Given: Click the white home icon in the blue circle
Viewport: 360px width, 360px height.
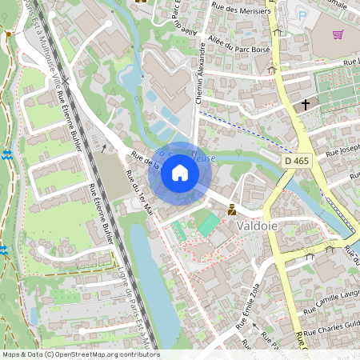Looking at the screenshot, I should pyautogui.click(x=179, y=173).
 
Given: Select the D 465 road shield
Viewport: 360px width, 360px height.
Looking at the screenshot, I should pyautogui.click(x=295, y=162).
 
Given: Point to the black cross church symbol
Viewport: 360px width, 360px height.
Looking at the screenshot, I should pyautogui.click(x=305, y=104).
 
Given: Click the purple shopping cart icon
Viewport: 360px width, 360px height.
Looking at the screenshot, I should pyautogui.click(x=338, y=34).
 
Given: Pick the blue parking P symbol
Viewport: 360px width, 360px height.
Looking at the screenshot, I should pyautogui.click(x=302, y=15).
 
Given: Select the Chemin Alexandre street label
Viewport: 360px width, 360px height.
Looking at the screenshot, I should pyautogui.click(x=199, y=73).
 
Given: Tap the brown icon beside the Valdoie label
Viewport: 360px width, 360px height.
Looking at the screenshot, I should pyautogui.click(x=231, y=210).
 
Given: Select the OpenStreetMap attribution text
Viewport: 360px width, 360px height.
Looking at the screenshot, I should pyautogui.click(x=80, y=354).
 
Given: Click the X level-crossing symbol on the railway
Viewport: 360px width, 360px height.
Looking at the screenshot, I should pyautogui.click(x=104, y=147).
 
